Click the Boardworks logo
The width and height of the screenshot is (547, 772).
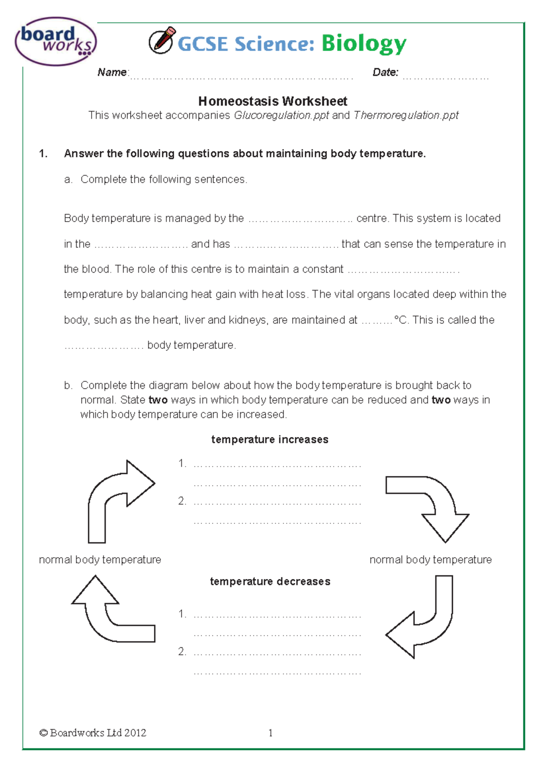[56, 41]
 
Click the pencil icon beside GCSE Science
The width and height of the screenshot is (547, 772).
[162, 40]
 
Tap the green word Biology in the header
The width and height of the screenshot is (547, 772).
[363, 44]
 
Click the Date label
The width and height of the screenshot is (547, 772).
[385, 72]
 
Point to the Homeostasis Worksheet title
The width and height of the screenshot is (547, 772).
[273, 101]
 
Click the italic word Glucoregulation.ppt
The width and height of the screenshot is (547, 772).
[281, 115]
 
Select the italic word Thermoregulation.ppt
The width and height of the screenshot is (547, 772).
[406, 115]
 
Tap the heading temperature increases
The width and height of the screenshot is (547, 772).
[270, 439]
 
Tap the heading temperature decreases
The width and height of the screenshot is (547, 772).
[270, 581]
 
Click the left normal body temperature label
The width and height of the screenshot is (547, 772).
[100, 559]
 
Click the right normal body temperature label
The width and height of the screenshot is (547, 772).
[430, 559]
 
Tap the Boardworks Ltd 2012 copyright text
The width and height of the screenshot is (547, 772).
[93, 733]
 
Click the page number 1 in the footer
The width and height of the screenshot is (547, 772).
[271, 733]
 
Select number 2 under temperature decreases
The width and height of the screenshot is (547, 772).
[182, 651]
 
